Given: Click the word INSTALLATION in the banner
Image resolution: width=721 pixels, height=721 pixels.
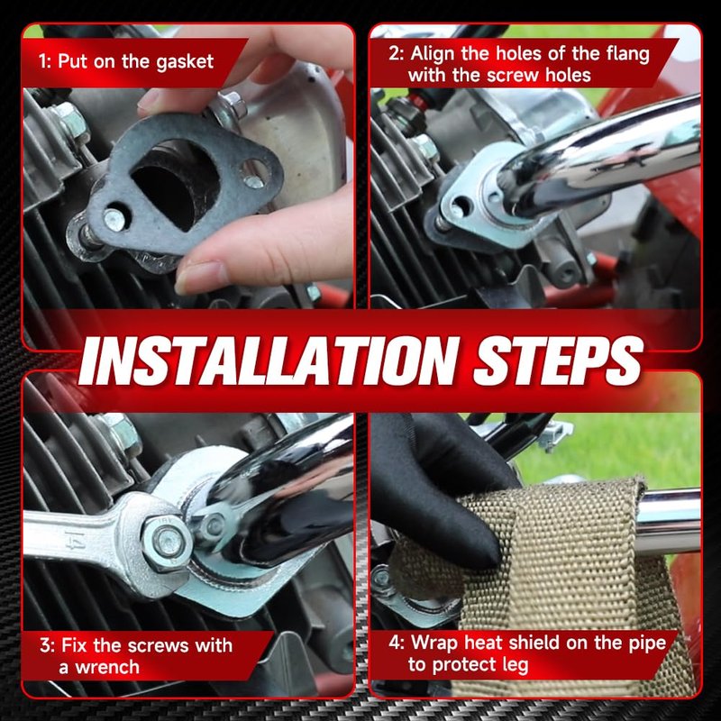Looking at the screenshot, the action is pyautogui.click(x=269, y=361).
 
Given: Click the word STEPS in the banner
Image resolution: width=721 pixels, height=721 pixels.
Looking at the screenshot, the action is pyautogui.click(x=558, y=361).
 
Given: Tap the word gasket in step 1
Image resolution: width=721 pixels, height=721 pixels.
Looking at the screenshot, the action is pyautogui.click(x=185, y=62).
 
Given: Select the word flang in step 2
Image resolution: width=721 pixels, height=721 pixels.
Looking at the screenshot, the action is pyautogui.click(x=627, y=55).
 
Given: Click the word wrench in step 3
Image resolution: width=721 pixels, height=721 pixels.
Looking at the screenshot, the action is pyautogui.click(x=107, y=667).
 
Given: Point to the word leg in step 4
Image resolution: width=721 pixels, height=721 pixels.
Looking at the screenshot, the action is pyautogui.click(x=515, y=665).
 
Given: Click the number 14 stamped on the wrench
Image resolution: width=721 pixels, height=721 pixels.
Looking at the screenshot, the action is pyautogui.click(x=75, y=539).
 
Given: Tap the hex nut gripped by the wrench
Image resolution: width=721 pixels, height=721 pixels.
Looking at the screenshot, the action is pyautogui.click(x=167, y=543).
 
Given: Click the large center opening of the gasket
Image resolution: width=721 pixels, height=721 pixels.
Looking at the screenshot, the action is pyautogui.click(x=175, y=184).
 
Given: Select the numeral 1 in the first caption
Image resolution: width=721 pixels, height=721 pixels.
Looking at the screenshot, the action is pyautogui.click(x=42, y=62).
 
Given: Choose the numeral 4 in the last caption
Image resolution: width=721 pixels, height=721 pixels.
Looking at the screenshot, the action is pyautogui.click(x=394, y=643).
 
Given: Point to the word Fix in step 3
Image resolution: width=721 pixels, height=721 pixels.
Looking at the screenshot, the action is pyautogui.click(x=74, y=645).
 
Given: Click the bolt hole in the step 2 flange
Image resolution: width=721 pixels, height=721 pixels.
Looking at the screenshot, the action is pyautogui.click(x=461, y=205).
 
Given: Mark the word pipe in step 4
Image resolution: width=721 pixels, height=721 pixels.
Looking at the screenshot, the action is pyautogui.click(x=648, y=643).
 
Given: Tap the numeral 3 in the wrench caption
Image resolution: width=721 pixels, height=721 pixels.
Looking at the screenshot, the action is pyautogui.click(x=45, y=645).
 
